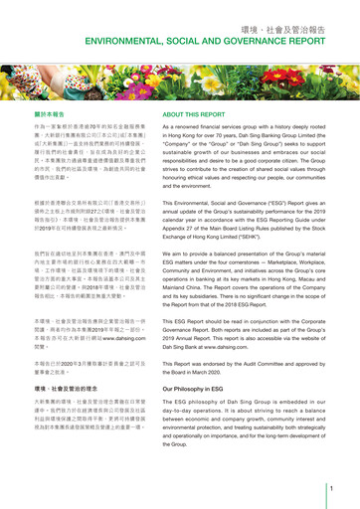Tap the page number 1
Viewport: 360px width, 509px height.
pos(330,487)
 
